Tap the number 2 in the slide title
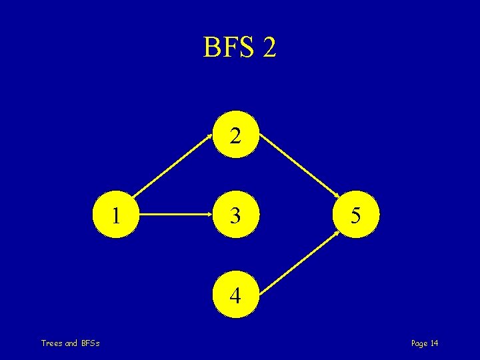click(269, 47)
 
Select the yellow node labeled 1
click(117, 215)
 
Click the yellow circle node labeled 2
click(234, 136)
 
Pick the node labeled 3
click(234, 215)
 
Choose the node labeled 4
click(234, 295)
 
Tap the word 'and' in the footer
click(72, 343)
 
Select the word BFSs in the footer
click(91, 343)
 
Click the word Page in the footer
click(419, 343)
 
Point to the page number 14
click(434, 343)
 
